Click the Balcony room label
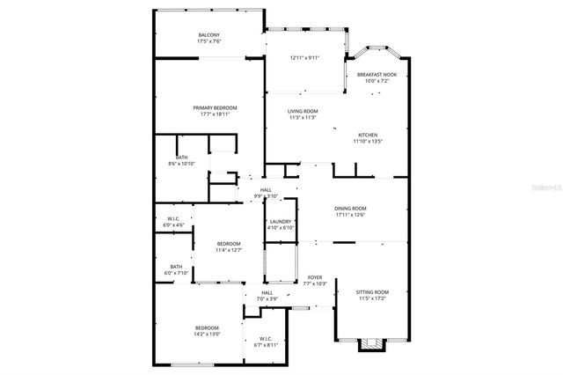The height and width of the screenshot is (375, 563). point(209,36)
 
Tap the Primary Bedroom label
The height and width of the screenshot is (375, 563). point(215,107)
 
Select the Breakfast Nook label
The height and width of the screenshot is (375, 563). point(377,75)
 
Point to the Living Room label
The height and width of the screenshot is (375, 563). point(303,111)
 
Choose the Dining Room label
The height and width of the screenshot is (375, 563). point(349,208)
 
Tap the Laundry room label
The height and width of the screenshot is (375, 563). point(281,222)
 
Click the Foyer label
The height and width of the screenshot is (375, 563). point(315,277)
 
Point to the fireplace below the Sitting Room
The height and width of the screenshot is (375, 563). point(372,344)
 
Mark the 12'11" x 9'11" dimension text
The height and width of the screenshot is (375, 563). point(304,58)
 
